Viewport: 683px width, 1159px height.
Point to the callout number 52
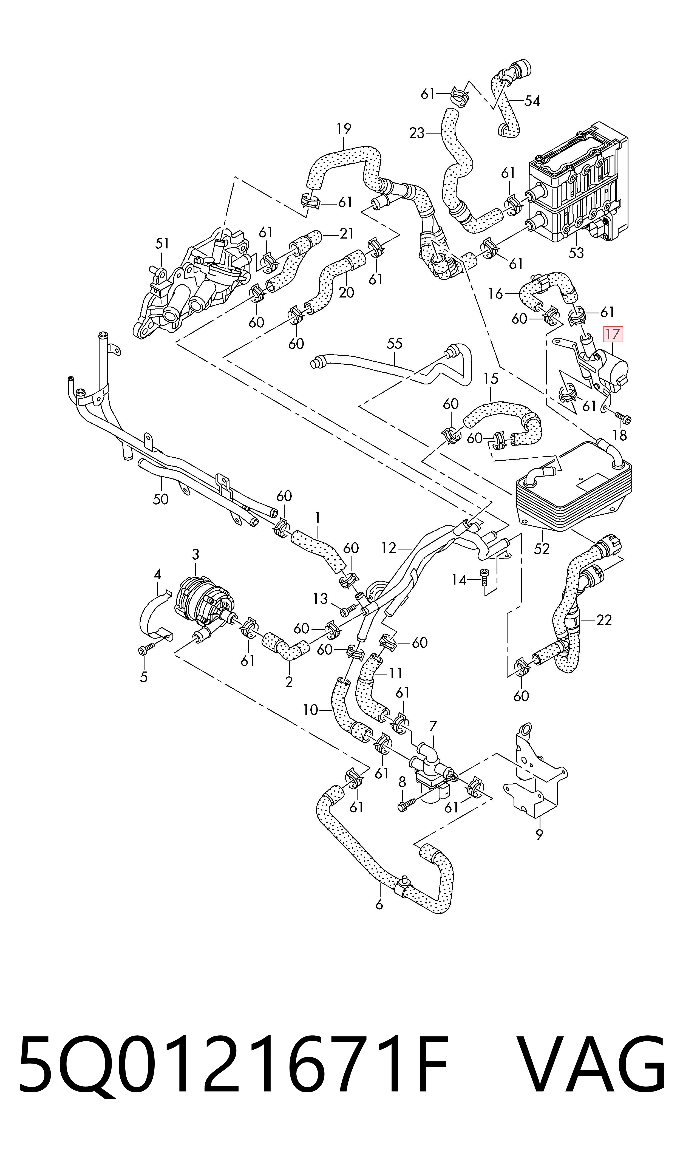click(542, 548)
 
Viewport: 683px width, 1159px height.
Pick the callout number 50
click(161, 499)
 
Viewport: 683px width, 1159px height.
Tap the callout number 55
click(395, 344)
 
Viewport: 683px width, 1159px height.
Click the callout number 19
click(344, 129)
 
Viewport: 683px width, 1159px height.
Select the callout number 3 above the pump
click(195, 554)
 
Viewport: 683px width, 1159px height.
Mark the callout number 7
click(433, 727)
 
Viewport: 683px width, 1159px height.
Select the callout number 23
click(416, 134)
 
